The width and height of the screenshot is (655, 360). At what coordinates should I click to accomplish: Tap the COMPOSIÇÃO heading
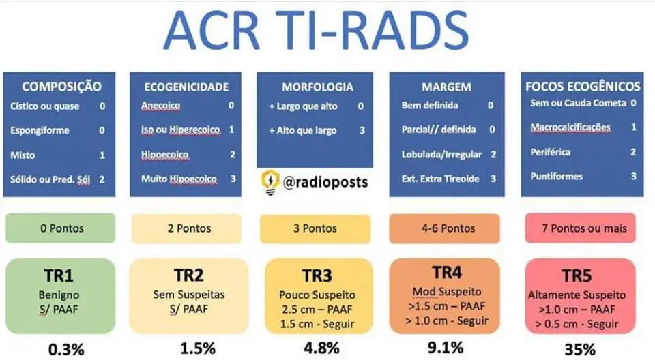[61, 87]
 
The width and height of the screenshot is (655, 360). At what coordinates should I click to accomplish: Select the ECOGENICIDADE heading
[186, 87]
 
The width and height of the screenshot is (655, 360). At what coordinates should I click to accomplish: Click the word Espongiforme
[40, 130]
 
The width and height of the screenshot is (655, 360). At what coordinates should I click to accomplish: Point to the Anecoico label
[161, 106]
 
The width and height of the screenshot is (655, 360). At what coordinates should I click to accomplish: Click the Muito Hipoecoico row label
[179, 179]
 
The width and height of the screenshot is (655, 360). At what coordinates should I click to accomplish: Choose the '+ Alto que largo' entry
[303, 130]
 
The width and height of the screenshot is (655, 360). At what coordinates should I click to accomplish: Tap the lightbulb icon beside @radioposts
[270, 182]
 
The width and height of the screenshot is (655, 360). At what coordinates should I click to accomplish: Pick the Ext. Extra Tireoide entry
[440, 179]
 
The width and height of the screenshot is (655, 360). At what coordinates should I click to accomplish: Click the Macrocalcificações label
[570, 127]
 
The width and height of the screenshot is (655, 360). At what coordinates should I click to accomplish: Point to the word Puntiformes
[557, 177]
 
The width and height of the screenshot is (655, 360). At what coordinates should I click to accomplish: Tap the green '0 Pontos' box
[61, 228]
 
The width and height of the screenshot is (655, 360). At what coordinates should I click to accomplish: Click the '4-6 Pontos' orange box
[448, 228]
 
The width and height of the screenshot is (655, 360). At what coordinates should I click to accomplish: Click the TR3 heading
[319, 277]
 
